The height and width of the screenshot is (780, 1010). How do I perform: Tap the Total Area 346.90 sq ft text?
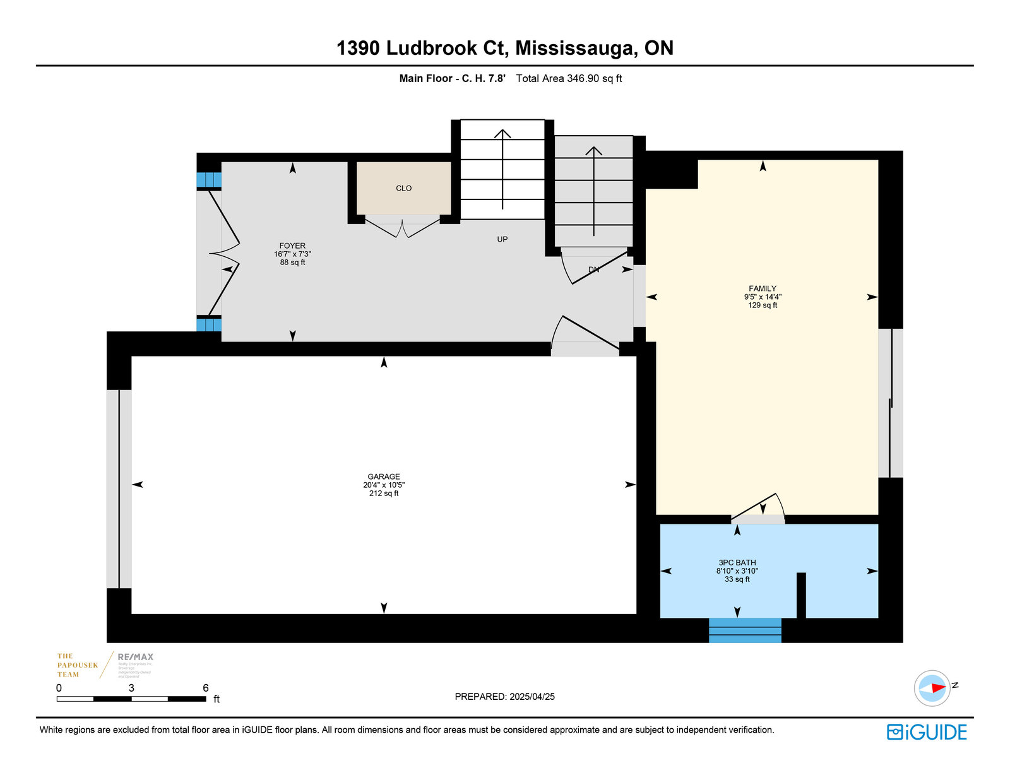tap(569, 78)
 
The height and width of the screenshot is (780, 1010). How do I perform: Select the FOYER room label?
tap(292, 246)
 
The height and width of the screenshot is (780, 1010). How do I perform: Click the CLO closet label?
tap(403, 188)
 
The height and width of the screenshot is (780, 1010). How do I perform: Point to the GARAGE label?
tap(384, 477)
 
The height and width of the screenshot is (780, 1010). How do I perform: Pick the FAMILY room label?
tap(763, 288)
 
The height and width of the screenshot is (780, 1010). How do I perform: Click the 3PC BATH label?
tap(737, 563)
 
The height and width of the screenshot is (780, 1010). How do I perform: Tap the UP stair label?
tap(502, 239)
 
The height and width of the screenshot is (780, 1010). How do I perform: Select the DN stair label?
tap(593, 269)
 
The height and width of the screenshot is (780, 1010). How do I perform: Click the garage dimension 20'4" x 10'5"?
tap(384, 485)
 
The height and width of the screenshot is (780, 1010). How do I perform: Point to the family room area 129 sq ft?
tap(763, 305)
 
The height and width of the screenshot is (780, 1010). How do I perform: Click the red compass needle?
tap(937, 687)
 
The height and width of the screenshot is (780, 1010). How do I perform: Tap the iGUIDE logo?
tap(927, 732)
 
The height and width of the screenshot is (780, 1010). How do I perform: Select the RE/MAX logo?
tap(135, 657)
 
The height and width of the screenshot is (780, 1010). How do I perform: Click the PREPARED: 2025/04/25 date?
tap(504, 697)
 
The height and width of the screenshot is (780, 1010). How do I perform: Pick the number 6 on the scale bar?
tap(206, 688)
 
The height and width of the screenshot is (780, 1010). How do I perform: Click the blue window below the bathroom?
tap(745, 630)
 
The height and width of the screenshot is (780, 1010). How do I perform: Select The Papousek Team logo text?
tap(78, 665)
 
